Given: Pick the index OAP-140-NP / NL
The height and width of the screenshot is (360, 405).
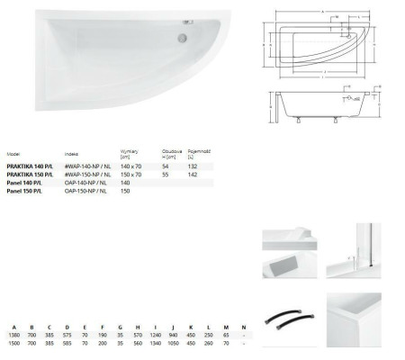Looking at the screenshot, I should pos(85,183).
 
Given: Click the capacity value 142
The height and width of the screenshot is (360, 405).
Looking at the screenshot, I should pos(191,174).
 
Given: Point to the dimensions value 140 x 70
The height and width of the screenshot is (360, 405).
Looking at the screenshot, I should pos(131,165).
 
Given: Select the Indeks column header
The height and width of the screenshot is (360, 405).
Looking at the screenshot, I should pos(72,153).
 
